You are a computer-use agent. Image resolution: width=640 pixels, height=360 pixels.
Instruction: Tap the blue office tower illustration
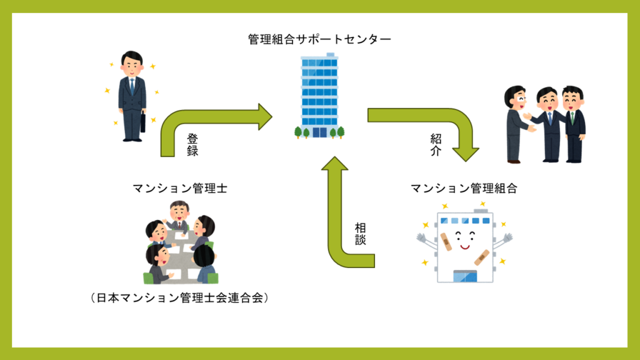(319, 94)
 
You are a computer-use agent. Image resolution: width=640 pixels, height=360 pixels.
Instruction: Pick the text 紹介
(435, 143)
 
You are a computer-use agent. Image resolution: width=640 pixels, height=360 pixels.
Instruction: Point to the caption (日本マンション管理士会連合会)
(179, 298)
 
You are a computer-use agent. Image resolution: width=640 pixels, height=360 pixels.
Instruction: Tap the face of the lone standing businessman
(132, 63)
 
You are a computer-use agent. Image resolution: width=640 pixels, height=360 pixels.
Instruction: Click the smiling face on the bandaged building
(462, 238)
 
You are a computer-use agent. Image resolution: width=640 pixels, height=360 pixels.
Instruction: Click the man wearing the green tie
(573, 125)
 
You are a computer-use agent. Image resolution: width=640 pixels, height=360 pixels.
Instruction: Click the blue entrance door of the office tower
(320, 132)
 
